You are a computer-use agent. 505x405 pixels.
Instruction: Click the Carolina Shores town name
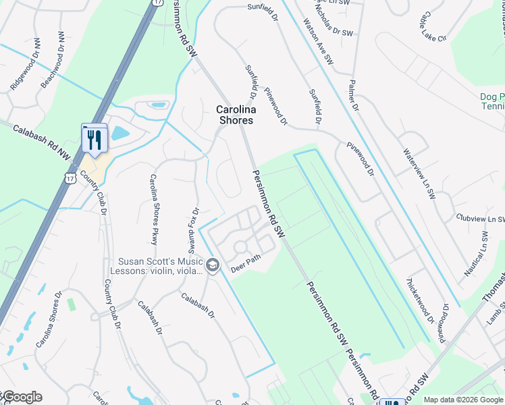[x=234, y=115]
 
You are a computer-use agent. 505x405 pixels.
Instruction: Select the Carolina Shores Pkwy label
[x=154, y=209]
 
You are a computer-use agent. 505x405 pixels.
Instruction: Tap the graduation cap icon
[x=213, y=265]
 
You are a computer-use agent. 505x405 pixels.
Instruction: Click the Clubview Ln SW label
[x=480, y=219]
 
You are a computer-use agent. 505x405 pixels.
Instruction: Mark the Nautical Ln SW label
[x=475, y=254]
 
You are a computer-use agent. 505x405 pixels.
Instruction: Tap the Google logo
[x=22, y=397]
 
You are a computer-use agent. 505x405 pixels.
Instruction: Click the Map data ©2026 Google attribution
[x=462, y=400]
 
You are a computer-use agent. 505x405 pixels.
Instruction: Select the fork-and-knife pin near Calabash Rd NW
[x=95, y=140]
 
